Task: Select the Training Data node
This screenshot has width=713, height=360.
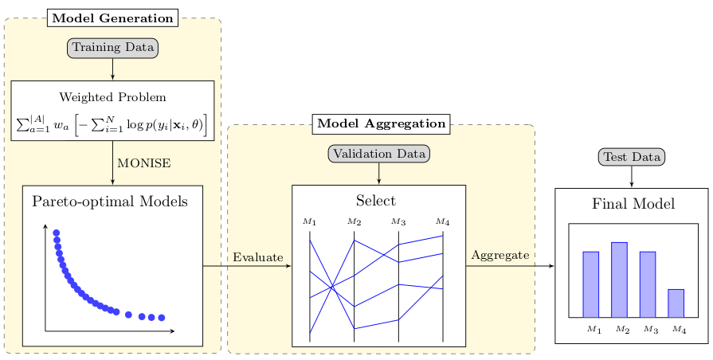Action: point(112,48)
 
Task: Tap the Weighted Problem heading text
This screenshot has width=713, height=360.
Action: point(112,98)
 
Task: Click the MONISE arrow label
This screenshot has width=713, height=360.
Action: point(144,163)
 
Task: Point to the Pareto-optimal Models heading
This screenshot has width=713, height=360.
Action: point(110,202)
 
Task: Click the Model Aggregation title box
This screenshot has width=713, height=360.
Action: point(381,123)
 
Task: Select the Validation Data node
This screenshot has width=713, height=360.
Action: point(378,153)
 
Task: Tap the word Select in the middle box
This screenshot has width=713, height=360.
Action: point(376,201)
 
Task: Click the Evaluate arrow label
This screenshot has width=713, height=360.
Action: point(258,256)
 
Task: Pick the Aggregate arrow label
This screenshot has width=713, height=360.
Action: point(500,255)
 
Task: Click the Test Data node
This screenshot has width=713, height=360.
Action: point(631,157)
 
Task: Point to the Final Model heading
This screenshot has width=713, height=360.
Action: point(633,204)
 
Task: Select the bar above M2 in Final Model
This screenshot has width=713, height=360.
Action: point(619,280)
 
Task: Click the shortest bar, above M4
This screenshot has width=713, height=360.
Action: point(676,303)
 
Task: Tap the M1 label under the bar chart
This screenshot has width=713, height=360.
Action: point(594,329)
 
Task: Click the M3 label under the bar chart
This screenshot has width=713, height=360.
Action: point(650,329)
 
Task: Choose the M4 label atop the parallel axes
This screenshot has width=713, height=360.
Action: point(442,221)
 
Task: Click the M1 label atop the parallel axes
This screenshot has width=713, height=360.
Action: point(310,221)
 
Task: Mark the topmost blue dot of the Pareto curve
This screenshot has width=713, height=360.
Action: point(56,233)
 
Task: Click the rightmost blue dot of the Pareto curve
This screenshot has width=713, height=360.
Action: point(162,318)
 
